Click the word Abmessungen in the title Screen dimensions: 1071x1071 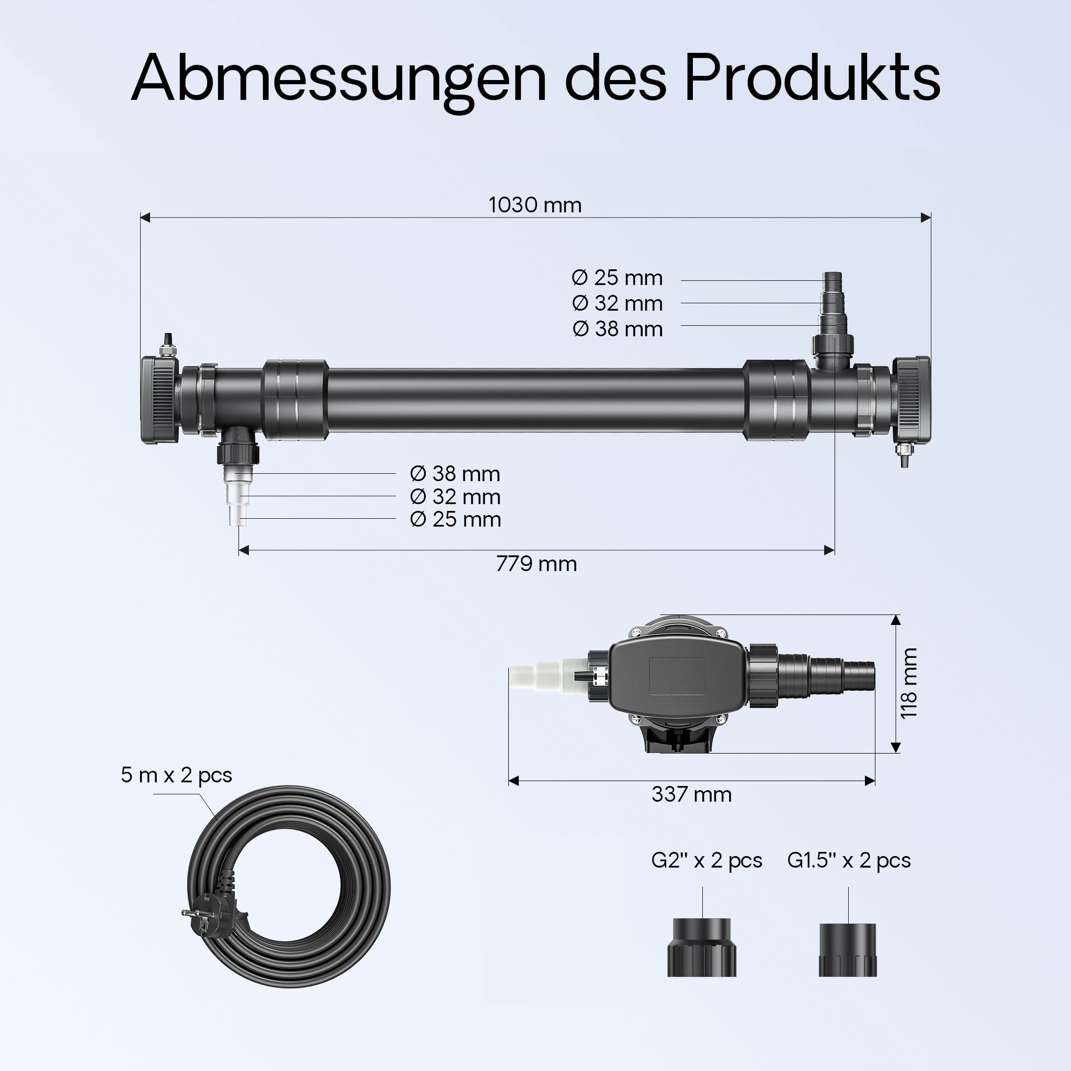coord(339,81)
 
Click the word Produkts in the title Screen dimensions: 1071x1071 coord(812,77)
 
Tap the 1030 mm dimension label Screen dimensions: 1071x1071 coord(535,205)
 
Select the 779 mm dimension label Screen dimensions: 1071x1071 coord(536,564)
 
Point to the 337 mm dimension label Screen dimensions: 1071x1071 coord(691,794)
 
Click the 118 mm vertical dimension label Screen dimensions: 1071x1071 coord(908,683)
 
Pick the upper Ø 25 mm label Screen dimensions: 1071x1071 coord(617,278)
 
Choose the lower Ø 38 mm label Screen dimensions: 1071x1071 coord(455,474)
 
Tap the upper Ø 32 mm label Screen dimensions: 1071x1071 coord(617,303)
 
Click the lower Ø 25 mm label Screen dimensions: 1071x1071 coord(455,519)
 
